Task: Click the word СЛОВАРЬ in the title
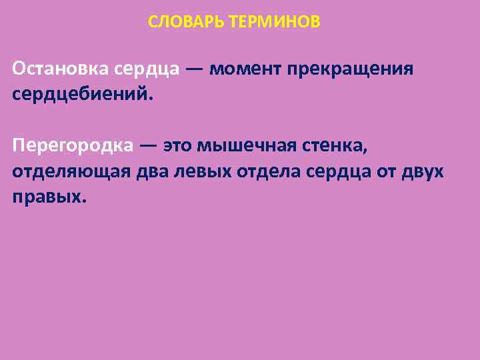(186, 23)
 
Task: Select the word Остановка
(61, 69)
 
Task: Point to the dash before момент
(195, 69)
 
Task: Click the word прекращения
(351, 69)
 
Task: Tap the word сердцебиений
(82, 95)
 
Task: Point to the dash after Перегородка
(149, 145)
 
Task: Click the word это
(179, 145)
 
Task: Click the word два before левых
(152, 171)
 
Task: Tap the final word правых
(49, 197)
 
